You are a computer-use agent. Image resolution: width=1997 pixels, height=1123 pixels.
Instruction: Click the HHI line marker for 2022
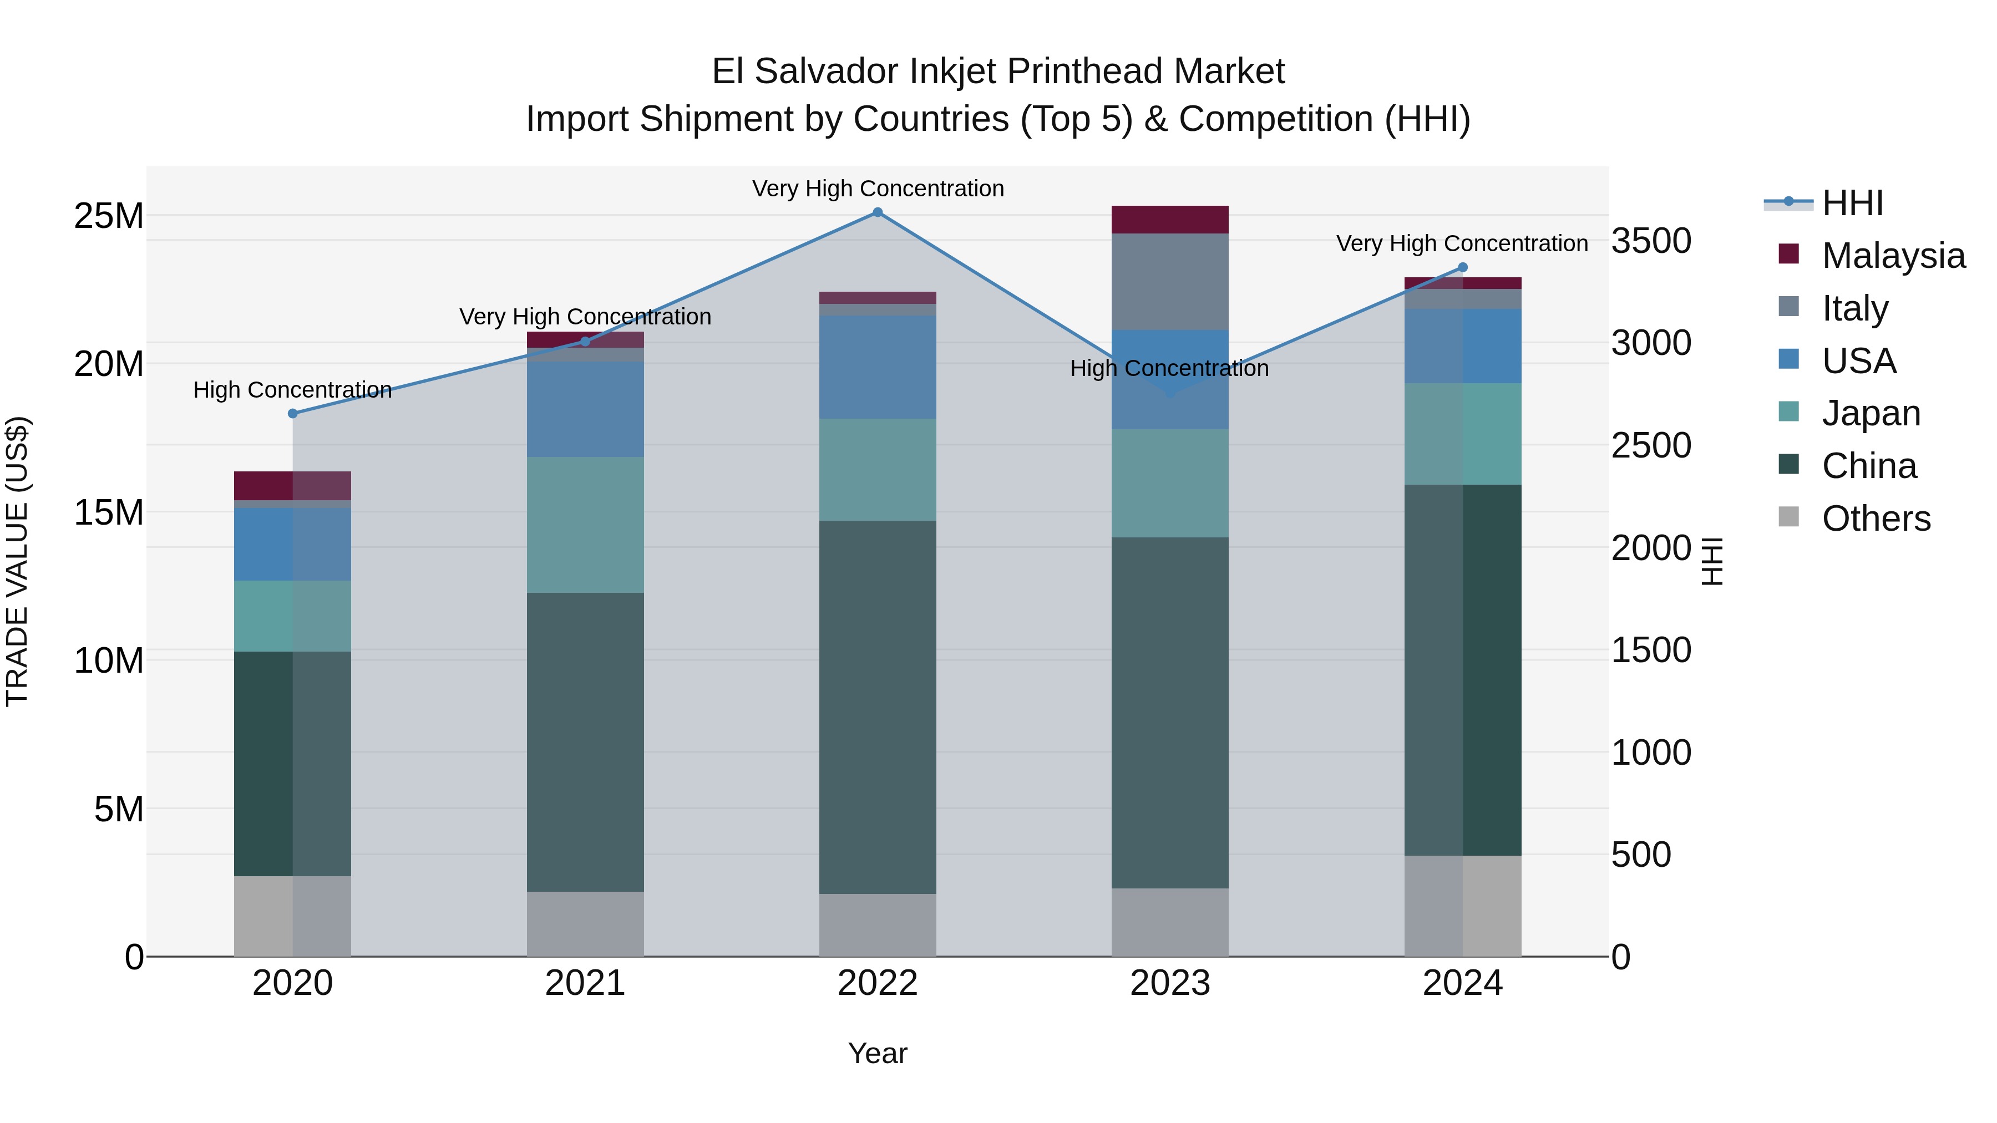click(878, 212)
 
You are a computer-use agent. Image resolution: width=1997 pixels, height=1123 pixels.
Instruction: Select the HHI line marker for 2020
click(292, 414)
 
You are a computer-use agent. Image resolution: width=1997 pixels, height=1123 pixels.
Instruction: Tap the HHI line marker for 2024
click(1463, 267)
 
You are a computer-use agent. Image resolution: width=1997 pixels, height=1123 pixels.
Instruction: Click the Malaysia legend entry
click(1892, 256)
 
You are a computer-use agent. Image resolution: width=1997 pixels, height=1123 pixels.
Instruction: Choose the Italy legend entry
click(1854, 308)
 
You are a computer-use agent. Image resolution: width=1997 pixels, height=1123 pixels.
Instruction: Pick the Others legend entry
click(1876, 519)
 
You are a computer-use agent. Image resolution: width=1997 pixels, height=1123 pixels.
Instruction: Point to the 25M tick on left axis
click(109, 216)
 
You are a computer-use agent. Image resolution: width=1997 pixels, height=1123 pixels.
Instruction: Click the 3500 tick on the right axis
click(1651, 241)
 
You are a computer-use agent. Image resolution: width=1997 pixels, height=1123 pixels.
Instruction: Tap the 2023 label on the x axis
click(1170, 983)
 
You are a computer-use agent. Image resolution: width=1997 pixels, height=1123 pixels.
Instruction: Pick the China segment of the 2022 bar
click(878, 707)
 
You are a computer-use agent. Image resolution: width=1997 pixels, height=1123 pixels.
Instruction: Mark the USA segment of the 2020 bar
click(292, 544)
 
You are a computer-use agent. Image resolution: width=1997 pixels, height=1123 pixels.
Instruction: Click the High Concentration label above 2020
click(292, 390)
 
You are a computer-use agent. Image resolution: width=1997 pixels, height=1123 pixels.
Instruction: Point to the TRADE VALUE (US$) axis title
click(17, 561)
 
